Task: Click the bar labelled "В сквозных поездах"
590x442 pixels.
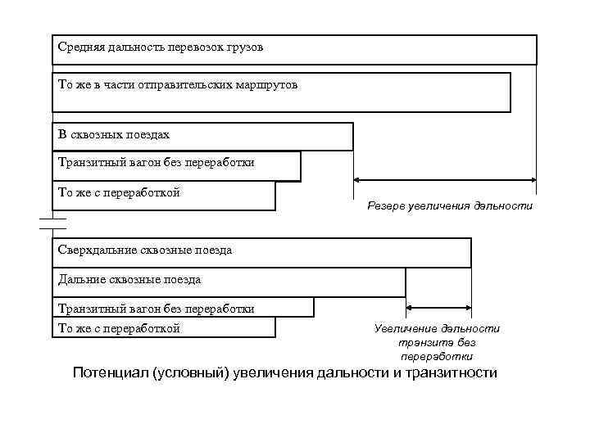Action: point(202,136)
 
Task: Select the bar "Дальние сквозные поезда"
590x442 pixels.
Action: point(229,282)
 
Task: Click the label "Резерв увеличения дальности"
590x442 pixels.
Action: point(449,205)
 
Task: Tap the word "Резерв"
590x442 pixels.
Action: point(386,205)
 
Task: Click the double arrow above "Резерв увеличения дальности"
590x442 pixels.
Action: point(444,179)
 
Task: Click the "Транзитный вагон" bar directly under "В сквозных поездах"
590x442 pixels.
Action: point(176,165)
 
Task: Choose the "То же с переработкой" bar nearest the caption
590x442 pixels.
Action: point(164,328)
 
